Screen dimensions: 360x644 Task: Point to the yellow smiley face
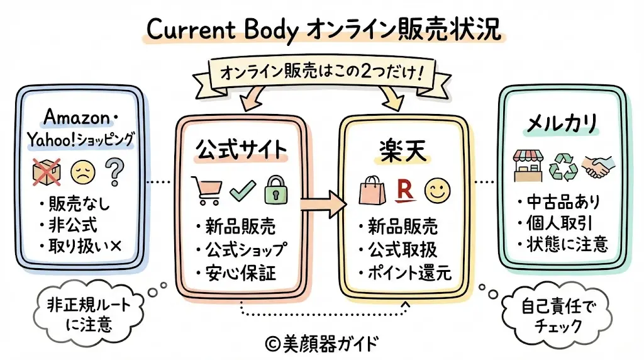coord(436,190)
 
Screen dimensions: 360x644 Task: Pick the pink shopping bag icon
coord(370,190)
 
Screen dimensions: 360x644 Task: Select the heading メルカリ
coord(561,123)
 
